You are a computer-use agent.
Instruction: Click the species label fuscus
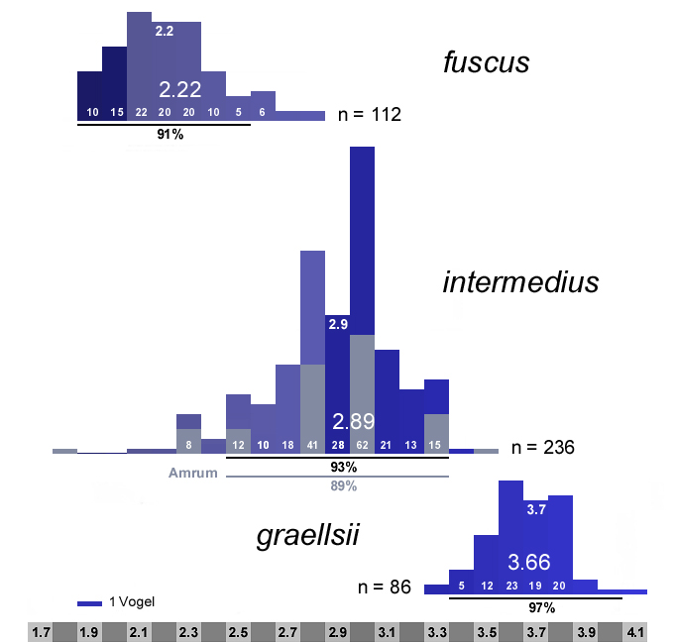pyautogui.click(x=486, y=64)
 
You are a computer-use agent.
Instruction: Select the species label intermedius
pyautogui.click(x=520, y=283)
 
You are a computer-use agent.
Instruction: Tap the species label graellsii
pyautogui.click(x=307, y=537)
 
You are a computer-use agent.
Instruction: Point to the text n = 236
pyautogui.click(x=542, y=448)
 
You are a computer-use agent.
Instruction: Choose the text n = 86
pyautogui.click(x=385, y=587)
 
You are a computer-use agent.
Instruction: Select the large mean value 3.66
pyautogui.click(x=528, y=562)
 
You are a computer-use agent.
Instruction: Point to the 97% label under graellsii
pyautogui.click(x=541, y=607)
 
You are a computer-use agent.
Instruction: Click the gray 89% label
pyautogui.click(x=343, y=485)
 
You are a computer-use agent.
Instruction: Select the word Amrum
pyautogui.click(x=192, y=474)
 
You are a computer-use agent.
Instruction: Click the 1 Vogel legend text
pyautogui.click(x=131, y=602)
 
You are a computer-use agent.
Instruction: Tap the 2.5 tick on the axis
pyautogui.click(x=239, y=631)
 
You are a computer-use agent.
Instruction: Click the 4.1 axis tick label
pyautogui.click(x=635, y=631)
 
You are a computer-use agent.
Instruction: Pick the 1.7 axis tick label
pyautogui.click(x=41, y=631)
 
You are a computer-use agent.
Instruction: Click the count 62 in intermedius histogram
pyautogui.click(x=362, y=445)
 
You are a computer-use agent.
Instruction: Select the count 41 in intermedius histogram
pyautogui.click(x=312, y=445)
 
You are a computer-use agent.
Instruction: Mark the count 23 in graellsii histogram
pyautogui.click(x=511, y=586)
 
